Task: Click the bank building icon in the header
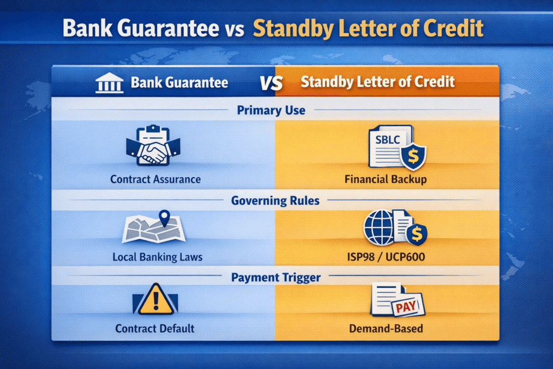click(x=109, y=84)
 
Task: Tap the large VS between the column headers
click(x=272, y=83)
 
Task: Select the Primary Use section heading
click(x=271, y=111)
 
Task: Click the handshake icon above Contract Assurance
click(x=153, y=148)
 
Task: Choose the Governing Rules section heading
click(x=275, y=201)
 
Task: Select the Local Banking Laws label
click(x=157, y=257)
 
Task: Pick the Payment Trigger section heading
click(x=275, y=278)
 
